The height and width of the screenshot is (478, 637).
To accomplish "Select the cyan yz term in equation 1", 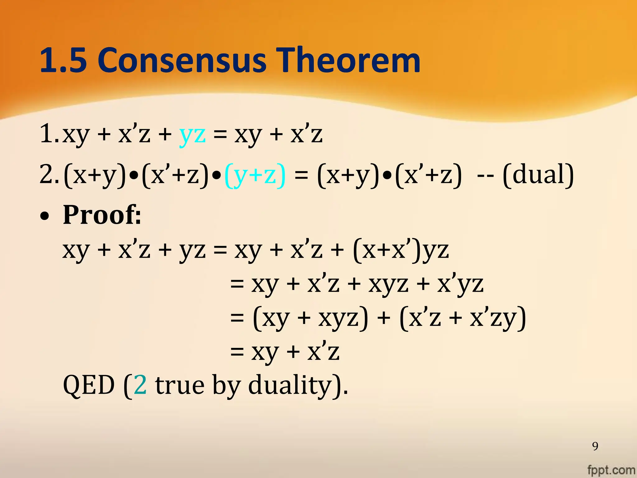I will [193, 134].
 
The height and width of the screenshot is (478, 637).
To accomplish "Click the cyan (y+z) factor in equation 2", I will [254, 175].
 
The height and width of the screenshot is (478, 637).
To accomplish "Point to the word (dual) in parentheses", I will [538, 175].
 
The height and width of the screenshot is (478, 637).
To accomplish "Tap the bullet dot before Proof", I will [45, 216].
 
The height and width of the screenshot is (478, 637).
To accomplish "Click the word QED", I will [89, 385].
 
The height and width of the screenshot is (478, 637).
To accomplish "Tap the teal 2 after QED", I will [140, 385].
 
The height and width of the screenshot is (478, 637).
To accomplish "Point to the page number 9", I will [595, 446].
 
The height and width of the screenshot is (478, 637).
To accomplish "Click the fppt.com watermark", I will [611, 470].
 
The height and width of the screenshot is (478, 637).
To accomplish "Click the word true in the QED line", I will [180, 385].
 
